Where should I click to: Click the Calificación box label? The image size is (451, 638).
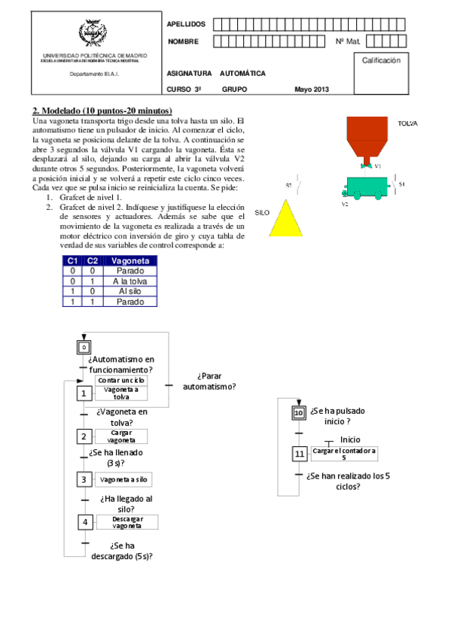tap(386, 59)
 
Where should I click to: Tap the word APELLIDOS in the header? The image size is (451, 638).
tap(185, 24)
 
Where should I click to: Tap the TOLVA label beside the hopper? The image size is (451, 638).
tap(407, 123)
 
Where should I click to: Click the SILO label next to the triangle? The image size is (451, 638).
tap(262, 213)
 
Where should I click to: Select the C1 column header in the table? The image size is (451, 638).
tap(72, 260)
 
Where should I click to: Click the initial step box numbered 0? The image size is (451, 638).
tap(85, 346)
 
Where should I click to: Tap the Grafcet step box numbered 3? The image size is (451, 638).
tap(84, 479)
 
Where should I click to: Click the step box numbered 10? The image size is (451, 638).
tap(299, 413)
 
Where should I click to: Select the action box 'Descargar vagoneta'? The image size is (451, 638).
tap(127, 522)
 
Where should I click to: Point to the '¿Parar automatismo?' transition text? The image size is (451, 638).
tap(209, 381)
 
